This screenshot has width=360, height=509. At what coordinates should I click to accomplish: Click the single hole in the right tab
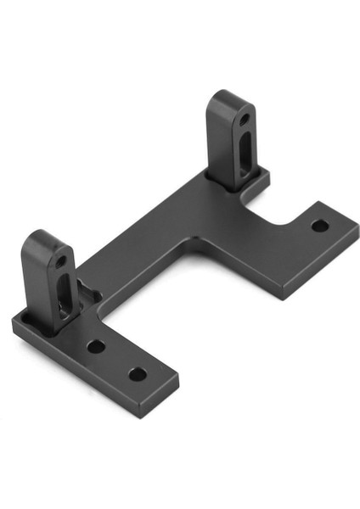(318, 226)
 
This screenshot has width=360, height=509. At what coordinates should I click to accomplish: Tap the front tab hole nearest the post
(97, 346)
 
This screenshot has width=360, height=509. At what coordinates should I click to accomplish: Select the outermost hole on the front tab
(137, 373)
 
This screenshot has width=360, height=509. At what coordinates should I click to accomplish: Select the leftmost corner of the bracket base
(14, 322)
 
